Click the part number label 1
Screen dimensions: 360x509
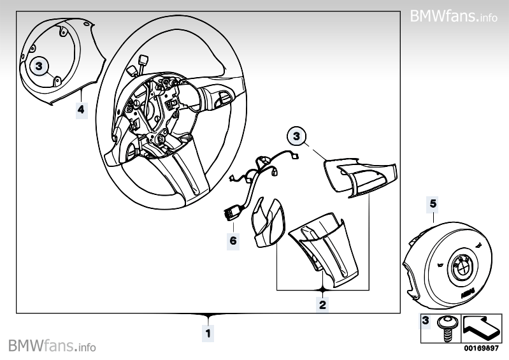(x=207, y=333)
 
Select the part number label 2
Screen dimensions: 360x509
(x=322, y=305)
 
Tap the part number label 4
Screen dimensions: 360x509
(x=80, y=110)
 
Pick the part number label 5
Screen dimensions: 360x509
(x=433, y=204)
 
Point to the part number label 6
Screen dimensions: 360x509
(x=233, y=241)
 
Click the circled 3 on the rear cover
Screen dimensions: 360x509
(x=39, y=65)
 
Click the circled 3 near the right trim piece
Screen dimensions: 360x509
(x=297, y=136)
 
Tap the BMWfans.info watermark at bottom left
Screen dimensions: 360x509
(x=52, y=346)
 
